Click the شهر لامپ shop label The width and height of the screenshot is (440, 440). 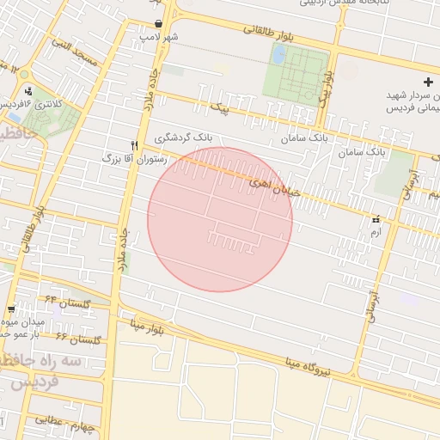pyautogui.click(x=161, y=38)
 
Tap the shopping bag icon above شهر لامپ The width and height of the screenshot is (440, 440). pyautogui.click(x=159, y=23)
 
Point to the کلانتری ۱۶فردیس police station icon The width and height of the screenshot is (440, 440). pyautogui.click(x=29, y=90)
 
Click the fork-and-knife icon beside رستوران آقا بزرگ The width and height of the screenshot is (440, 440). pyautogui.click(x=133, y=145)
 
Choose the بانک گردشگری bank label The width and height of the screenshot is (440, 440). pyautogui.click(x=184, y=137)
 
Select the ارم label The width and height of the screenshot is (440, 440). pyautogui.click(x=374, y=232)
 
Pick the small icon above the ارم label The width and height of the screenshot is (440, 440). pyautogui.click(x=376, y=218)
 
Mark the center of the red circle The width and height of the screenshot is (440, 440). pyautogui.click(x=220, y=219)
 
